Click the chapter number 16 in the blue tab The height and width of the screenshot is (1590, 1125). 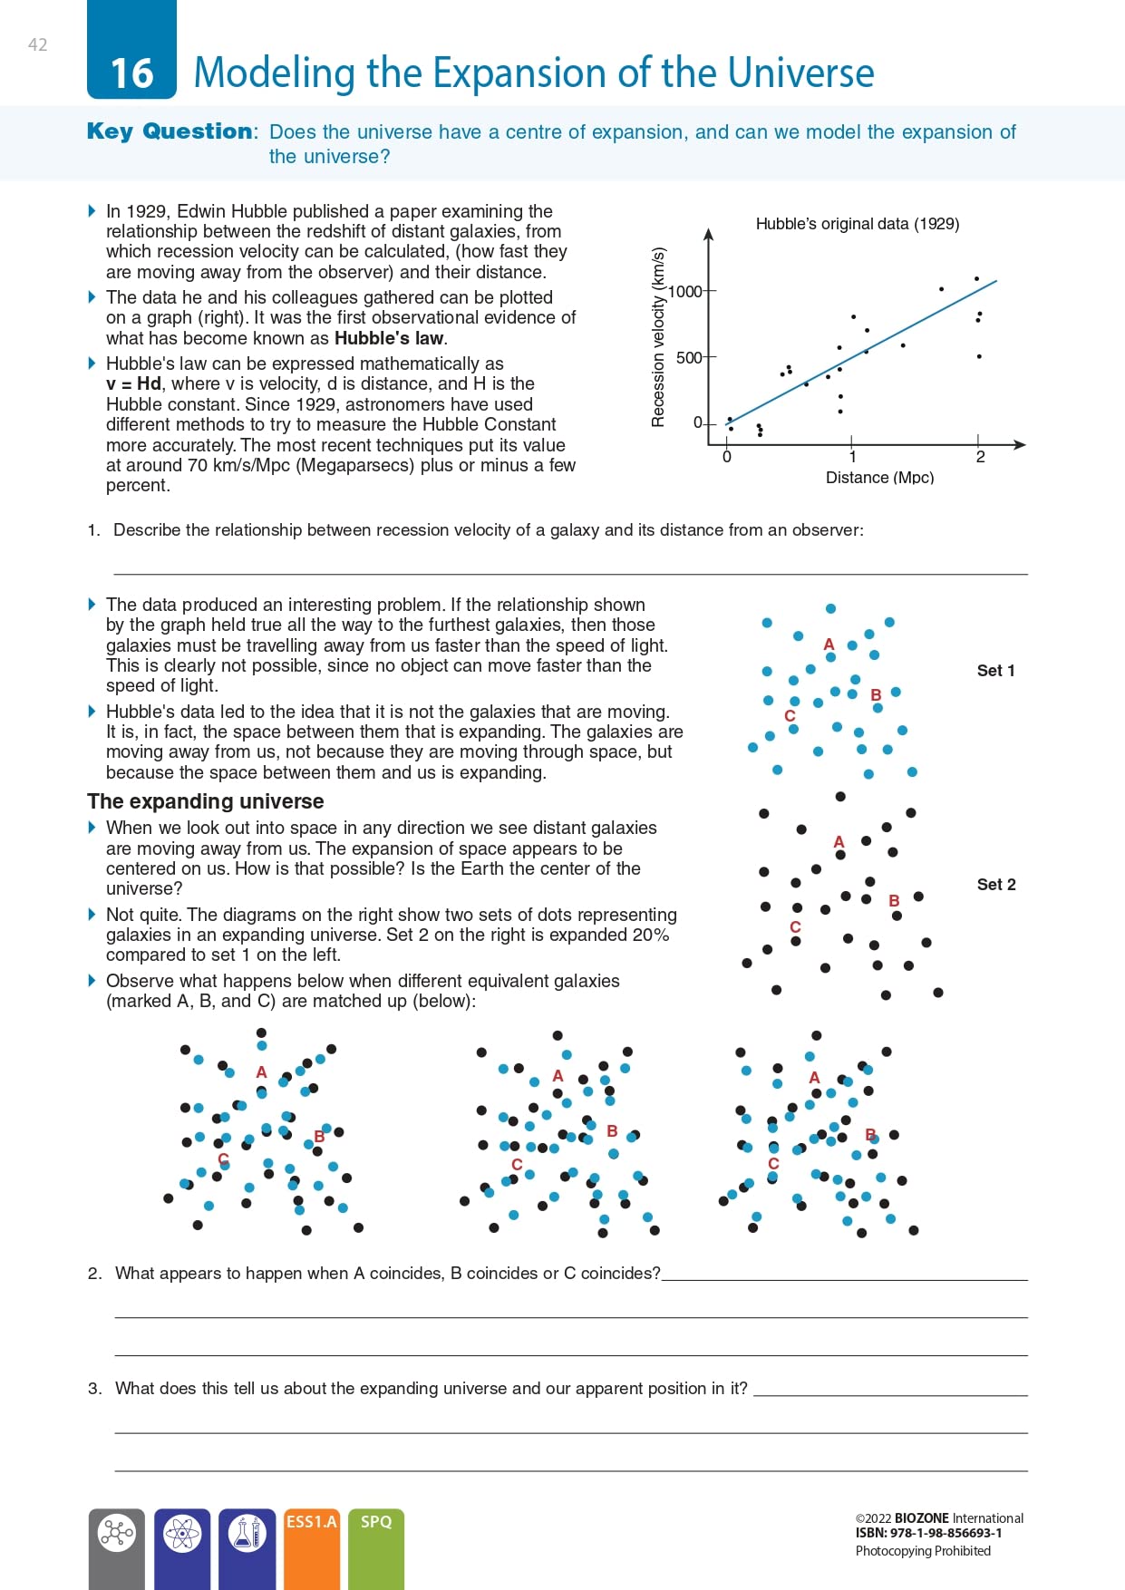[132, 73]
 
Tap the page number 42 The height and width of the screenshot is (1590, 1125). [38, 44]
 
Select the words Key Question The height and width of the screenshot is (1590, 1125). [170, 131]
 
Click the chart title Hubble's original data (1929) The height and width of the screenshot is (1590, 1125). [857, 224]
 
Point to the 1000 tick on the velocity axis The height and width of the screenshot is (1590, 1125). [685, 291]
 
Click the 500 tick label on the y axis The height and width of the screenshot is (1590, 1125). [689, 357]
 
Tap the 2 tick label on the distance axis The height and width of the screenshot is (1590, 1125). [980, 457]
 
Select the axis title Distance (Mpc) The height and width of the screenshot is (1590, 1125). [879, 478]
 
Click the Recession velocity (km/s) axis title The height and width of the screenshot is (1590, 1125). [658, 337]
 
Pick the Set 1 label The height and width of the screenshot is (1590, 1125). [995, 671]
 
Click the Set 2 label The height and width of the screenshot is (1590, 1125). [996, 885]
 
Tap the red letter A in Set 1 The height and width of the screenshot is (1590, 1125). [829, 645]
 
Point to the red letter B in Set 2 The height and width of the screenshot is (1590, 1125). [894, 900]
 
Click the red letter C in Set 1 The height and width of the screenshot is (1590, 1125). [790, 716]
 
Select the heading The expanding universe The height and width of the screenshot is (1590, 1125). [206, 801]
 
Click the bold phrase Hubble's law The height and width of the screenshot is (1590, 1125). [389, 338]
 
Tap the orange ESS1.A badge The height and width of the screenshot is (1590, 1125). [312, 1522]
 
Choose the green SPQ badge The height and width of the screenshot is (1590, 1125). [376, 1522]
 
